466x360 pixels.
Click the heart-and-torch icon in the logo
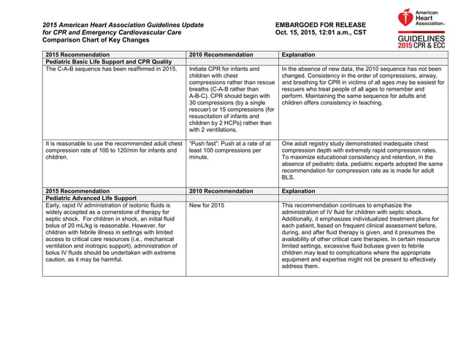407,18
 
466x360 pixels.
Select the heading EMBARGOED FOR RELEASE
316,25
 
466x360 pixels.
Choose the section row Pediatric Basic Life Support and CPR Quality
109,62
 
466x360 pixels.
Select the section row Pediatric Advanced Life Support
91,198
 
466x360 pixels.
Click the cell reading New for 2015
207,206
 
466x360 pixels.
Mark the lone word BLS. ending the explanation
288,177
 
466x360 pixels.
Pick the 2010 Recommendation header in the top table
221,55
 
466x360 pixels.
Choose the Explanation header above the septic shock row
298,191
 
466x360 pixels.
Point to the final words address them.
300,266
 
